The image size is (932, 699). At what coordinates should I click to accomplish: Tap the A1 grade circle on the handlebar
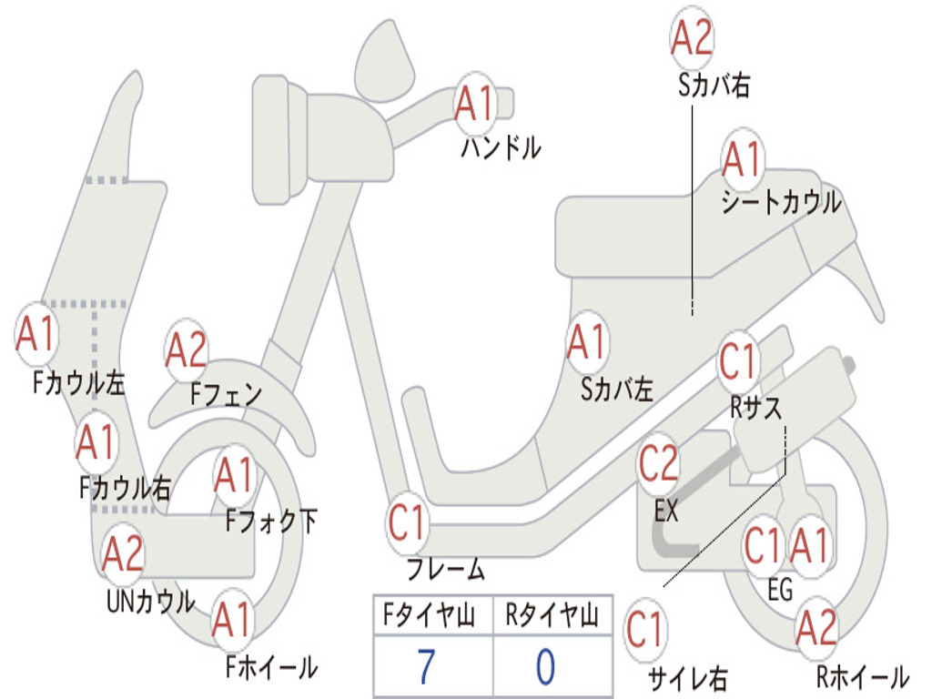473,103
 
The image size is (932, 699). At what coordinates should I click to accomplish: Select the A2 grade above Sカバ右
691,37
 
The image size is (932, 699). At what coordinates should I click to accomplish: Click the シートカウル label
781,202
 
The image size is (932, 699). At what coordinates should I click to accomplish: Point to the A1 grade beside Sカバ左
586,342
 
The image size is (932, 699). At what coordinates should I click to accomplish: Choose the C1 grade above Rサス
738,361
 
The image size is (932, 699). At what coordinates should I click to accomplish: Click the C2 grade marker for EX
658,464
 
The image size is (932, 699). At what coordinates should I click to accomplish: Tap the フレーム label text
445,571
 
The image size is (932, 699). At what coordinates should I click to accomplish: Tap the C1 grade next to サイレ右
645,630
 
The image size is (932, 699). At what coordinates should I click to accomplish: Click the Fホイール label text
271,667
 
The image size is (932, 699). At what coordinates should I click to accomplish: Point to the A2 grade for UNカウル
123,554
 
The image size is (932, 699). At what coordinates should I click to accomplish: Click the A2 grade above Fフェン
187,349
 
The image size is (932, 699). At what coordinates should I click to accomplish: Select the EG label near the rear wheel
780,590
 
